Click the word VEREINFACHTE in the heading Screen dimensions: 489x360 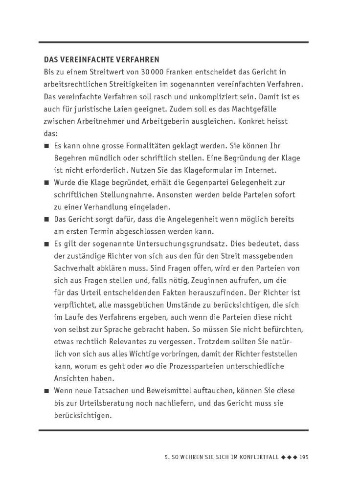click(85, 60)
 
